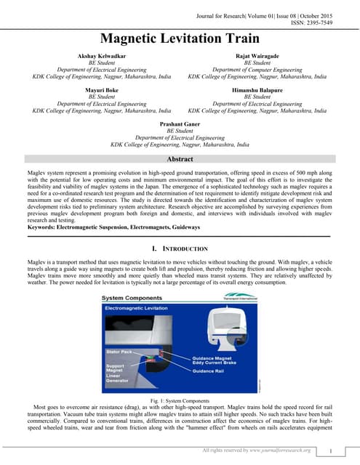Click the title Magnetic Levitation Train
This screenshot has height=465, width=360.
point(180,39)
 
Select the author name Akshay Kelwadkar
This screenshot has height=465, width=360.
point(102,56)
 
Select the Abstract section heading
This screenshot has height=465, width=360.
point(180,159)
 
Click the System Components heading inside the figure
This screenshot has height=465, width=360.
point(132,298)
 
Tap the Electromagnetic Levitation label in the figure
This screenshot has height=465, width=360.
point(142,309)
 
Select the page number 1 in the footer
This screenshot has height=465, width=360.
point(330,452)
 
